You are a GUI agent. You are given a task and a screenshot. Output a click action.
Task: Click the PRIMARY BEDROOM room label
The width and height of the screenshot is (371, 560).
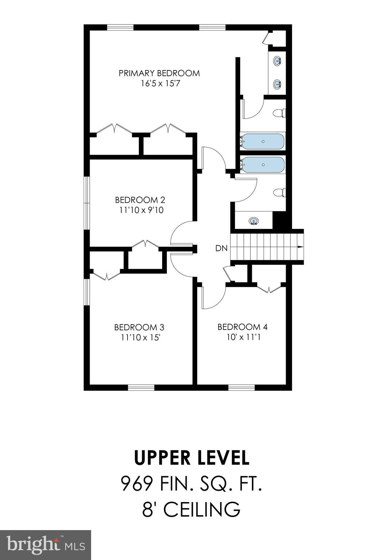click(159, 73)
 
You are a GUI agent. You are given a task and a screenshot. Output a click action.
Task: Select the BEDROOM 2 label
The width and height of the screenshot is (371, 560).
click(140, 200)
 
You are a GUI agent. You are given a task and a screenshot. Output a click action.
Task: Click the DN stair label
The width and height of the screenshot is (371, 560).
click(221, 249)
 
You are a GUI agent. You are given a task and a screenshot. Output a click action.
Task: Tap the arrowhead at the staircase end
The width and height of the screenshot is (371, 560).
click(300, 247)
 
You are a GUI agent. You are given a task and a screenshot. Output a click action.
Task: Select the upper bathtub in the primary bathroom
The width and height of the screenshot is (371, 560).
click(263, 141)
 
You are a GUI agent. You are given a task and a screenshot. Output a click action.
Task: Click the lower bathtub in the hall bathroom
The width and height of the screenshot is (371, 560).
click(263, 165)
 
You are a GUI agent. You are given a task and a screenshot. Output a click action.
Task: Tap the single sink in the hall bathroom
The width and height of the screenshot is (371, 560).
click(253, 221)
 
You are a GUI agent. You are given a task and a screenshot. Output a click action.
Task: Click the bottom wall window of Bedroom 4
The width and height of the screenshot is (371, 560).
click(241, 387)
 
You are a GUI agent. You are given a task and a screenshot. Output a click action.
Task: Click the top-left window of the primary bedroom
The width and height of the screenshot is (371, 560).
click(120, 27)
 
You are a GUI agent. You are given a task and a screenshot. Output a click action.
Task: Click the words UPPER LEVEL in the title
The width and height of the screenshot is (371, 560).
click(192, 458)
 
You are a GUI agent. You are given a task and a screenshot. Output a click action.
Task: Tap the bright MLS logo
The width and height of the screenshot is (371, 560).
click(46, 545)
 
